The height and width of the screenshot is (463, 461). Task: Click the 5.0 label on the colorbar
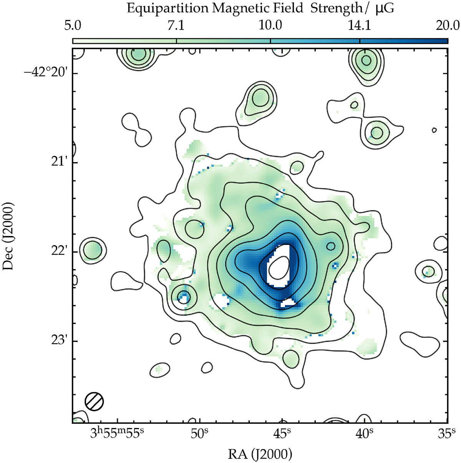[73, 26]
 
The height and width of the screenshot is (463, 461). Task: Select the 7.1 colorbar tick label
[176, 26]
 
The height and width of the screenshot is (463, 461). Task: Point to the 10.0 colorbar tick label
[270, 26]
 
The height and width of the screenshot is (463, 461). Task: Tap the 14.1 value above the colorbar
[360, 26]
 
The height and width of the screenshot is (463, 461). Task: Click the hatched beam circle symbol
[94, 401]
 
